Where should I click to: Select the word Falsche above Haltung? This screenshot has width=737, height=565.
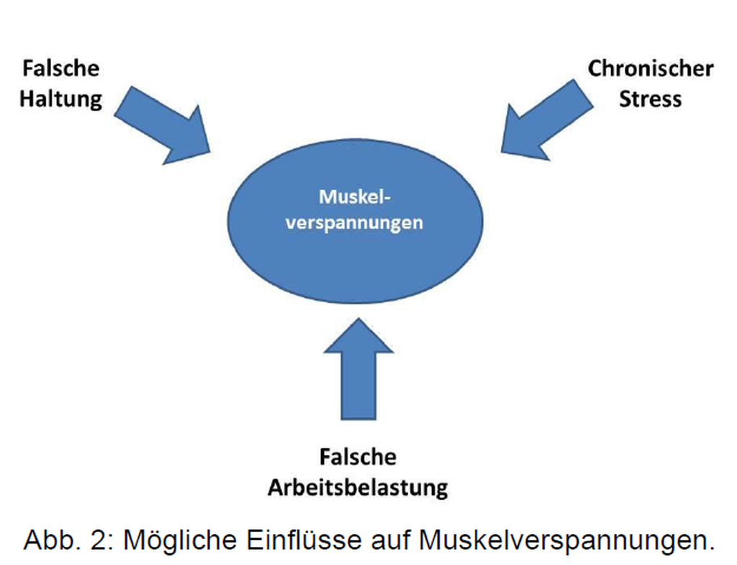(x=60, y=69)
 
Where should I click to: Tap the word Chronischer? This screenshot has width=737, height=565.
(x=651, y=69)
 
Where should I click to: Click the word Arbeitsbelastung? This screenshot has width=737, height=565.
(x=358, y=487)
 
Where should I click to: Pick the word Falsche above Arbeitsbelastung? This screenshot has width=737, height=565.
(x=358, y=457)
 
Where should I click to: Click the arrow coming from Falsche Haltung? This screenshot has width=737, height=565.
(x=162, y=122)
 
